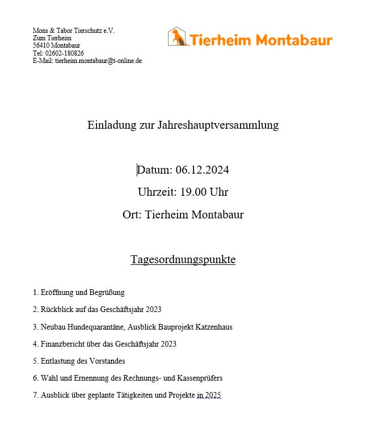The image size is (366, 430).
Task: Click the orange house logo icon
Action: pos(178,37)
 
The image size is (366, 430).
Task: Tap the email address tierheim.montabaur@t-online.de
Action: pos(98,61)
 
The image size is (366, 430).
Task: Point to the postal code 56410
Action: pos(41,45)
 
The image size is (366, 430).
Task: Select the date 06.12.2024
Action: pos(202,170)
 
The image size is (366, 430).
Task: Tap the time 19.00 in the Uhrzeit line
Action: pos(193,192)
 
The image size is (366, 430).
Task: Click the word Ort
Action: pos(131,215)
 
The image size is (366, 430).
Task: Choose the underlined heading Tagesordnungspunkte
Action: pos(183,260)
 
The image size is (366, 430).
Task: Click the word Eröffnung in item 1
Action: pos(57,293)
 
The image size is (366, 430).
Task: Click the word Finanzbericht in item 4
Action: pos(64,344)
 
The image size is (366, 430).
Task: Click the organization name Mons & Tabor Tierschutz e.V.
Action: pos(74,31)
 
